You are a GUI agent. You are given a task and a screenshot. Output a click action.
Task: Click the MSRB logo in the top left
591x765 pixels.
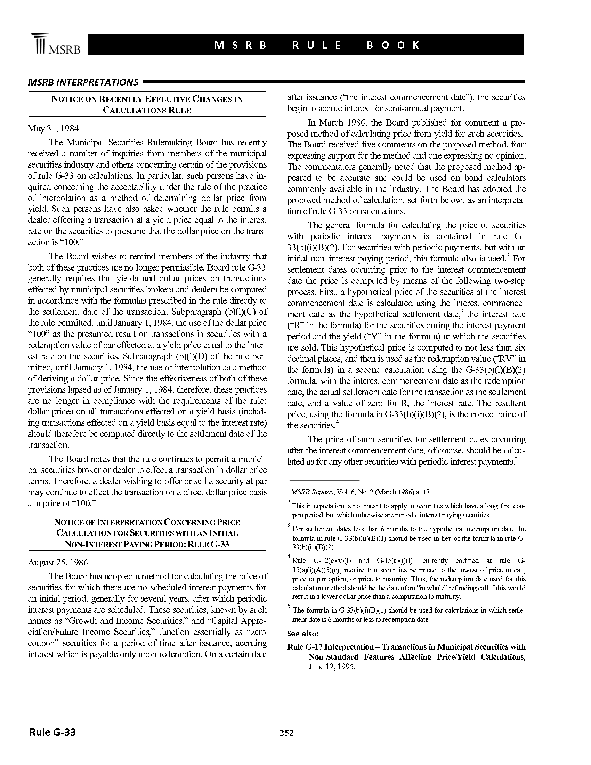coord(56,45)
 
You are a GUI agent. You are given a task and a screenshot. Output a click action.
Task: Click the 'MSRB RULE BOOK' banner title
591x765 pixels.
coord(316,45)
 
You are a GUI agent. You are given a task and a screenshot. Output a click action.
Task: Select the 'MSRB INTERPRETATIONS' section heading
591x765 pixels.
coord(83,82)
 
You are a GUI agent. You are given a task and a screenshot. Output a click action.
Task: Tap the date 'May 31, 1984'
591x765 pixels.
coord(53,129)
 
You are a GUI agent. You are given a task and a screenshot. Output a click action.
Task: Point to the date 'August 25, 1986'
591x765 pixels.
coord(58,562)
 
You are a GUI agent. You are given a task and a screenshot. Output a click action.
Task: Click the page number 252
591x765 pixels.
coord(286,733)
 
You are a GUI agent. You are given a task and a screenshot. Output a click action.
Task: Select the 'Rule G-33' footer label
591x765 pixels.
coord(52,732)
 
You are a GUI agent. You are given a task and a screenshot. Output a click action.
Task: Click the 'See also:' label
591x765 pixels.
coord(302,634)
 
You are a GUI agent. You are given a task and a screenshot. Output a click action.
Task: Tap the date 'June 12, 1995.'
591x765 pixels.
coord(332,667)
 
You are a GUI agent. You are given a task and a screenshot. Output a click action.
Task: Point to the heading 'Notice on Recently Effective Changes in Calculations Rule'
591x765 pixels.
coord(147,104)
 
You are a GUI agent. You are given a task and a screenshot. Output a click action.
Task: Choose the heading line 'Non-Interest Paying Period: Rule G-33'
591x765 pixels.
coord(147,545)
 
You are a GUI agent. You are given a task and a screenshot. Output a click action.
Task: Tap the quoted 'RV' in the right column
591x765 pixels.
coord(512,359)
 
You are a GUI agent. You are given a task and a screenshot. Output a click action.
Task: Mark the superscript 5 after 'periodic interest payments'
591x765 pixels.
coord(516,459)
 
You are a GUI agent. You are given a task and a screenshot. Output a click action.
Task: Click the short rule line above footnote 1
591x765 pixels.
coord(323,480)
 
